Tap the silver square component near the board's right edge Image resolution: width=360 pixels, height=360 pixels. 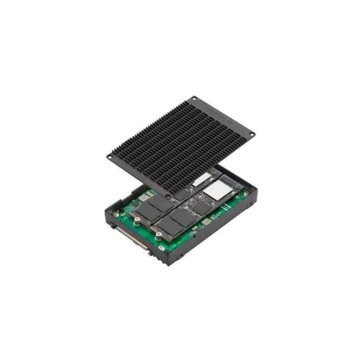pos(206,222)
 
